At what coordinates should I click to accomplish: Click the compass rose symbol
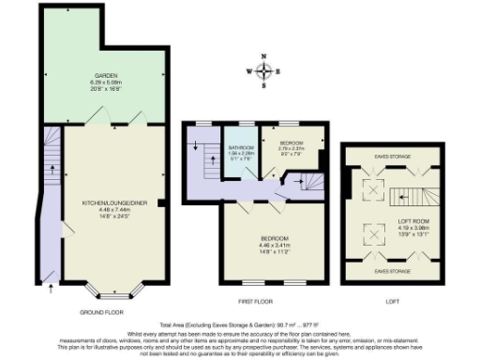(267, 71)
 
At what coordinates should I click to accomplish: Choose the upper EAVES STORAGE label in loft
(391, 157)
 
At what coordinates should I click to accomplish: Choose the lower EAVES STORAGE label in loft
(391, 271)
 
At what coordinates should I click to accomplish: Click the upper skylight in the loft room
(372, 191)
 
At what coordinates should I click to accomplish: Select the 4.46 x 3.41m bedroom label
(274, 243)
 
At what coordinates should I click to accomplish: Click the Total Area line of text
(239, 322)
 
